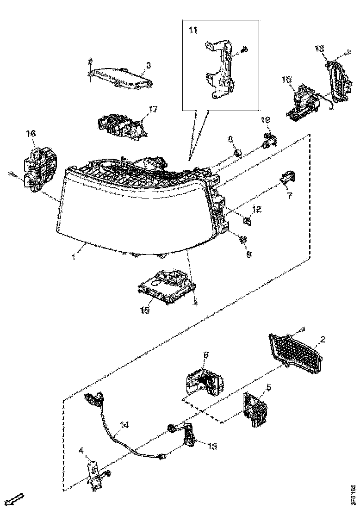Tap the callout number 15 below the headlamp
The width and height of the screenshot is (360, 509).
click(x=145, y=310)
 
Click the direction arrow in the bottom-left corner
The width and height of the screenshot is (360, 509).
click(x=15, y=499)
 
